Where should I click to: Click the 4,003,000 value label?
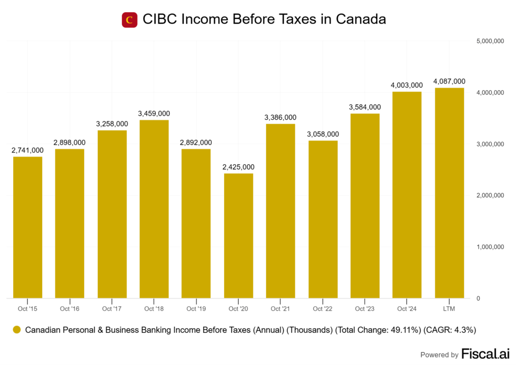[x=407, y=86]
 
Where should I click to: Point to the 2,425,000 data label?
[x=238, y=167]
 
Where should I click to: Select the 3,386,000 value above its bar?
[x=281, y=118]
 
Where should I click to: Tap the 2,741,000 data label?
[x=28, y=151]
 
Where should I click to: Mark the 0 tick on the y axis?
[x=478, y=299]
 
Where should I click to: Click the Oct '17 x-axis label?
[x=112, y=309]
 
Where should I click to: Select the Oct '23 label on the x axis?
[x=365, y=309]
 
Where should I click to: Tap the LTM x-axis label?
[x=449, y=309]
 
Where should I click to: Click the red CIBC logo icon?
[x=130, y=20]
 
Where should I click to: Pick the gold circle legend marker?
[x=17, y=330]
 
